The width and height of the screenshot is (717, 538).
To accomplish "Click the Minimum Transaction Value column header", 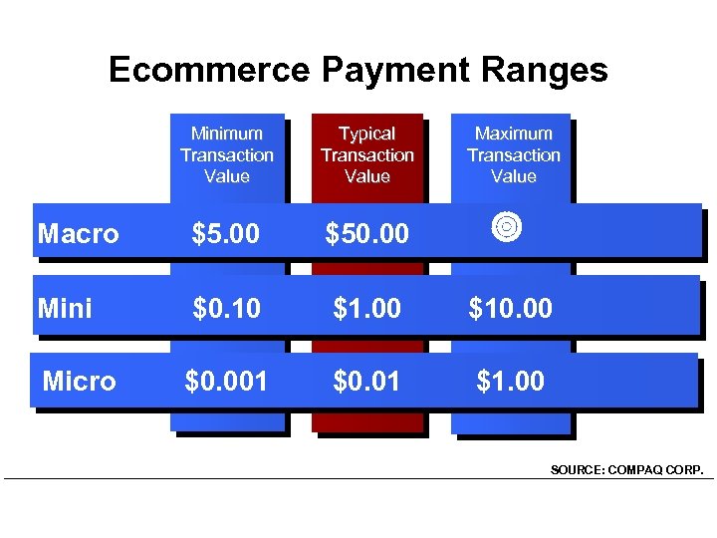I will click(227, 154).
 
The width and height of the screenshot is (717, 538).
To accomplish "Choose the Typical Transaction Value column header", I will click(367, 154).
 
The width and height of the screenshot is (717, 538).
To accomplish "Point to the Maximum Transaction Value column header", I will click(513, 154).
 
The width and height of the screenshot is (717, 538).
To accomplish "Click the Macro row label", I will click(78, 234).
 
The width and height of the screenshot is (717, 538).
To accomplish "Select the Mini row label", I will click(65, 308).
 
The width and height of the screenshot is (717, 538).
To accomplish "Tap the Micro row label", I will click(79, 381).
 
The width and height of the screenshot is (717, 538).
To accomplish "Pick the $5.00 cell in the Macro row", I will click(226, 234).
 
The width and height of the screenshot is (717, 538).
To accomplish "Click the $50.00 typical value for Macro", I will click(367, 234).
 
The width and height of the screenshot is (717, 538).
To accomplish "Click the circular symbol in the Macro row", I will click(507, 227).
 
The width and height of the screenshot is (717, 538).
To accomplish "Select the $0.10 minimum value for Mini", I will click(226, 308).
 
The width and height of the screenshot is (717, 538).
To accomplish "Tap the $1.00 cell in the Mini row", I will click(367, 308).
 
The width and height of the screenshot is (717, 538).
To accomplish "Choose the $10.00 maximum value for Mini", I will click(511, 308).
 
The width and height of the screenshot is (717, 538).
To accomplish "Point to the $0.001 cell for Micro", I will click(226, 381).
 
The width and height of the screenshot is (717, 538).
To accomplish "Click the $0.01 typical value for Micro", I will click(367, 381).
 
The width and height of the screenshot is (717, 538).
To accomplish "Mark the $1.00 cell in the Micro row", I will click(511, 381).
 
